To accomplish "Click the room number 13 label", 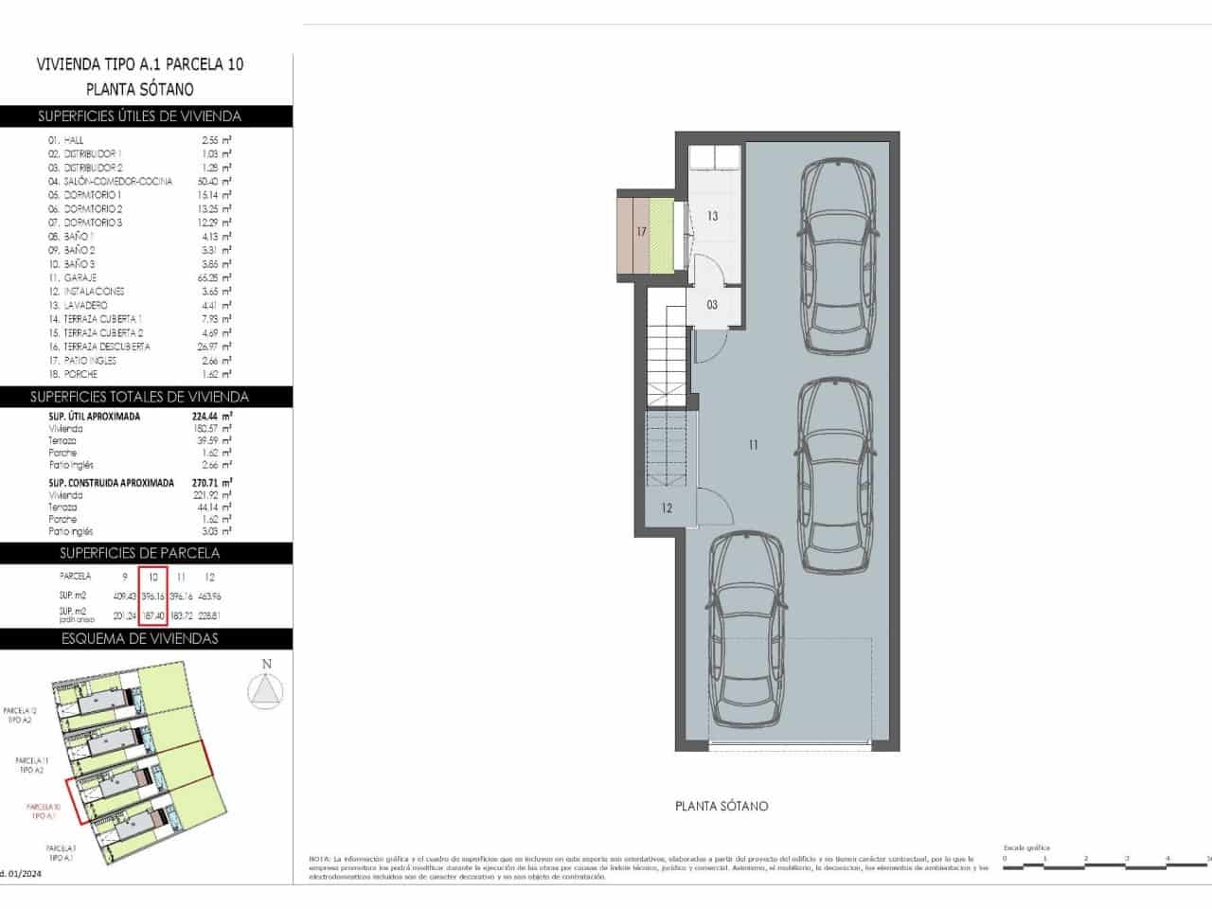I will [712, 216].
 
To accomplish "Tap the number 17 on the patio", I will [641, 231].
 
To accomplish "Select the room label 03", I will [712, 305].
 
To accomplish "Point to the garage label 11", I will [754, 444].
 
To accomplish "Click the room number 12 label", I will [667, 508].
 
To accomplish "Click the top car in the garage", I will [838, 256].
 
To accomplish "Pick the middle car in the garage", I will [835, 474].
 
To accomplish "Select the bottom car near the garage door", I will [747, 628].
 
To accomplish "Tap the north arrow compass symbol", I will [266, 689].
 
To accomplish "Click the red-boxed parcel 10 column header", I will [152, 577].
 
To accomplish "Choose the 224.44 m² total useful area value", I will [216, 416].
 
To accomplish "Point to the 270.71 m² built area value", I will [216, 482].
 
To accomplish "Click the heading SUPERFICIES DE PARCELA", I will [139, 553].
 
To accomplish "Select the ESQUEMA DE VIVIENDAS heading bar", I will [139, 638].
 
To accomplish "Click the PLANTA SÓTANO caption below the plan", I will [722, 806].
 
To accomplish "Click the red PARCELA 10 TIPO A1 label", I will [45, 811].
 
